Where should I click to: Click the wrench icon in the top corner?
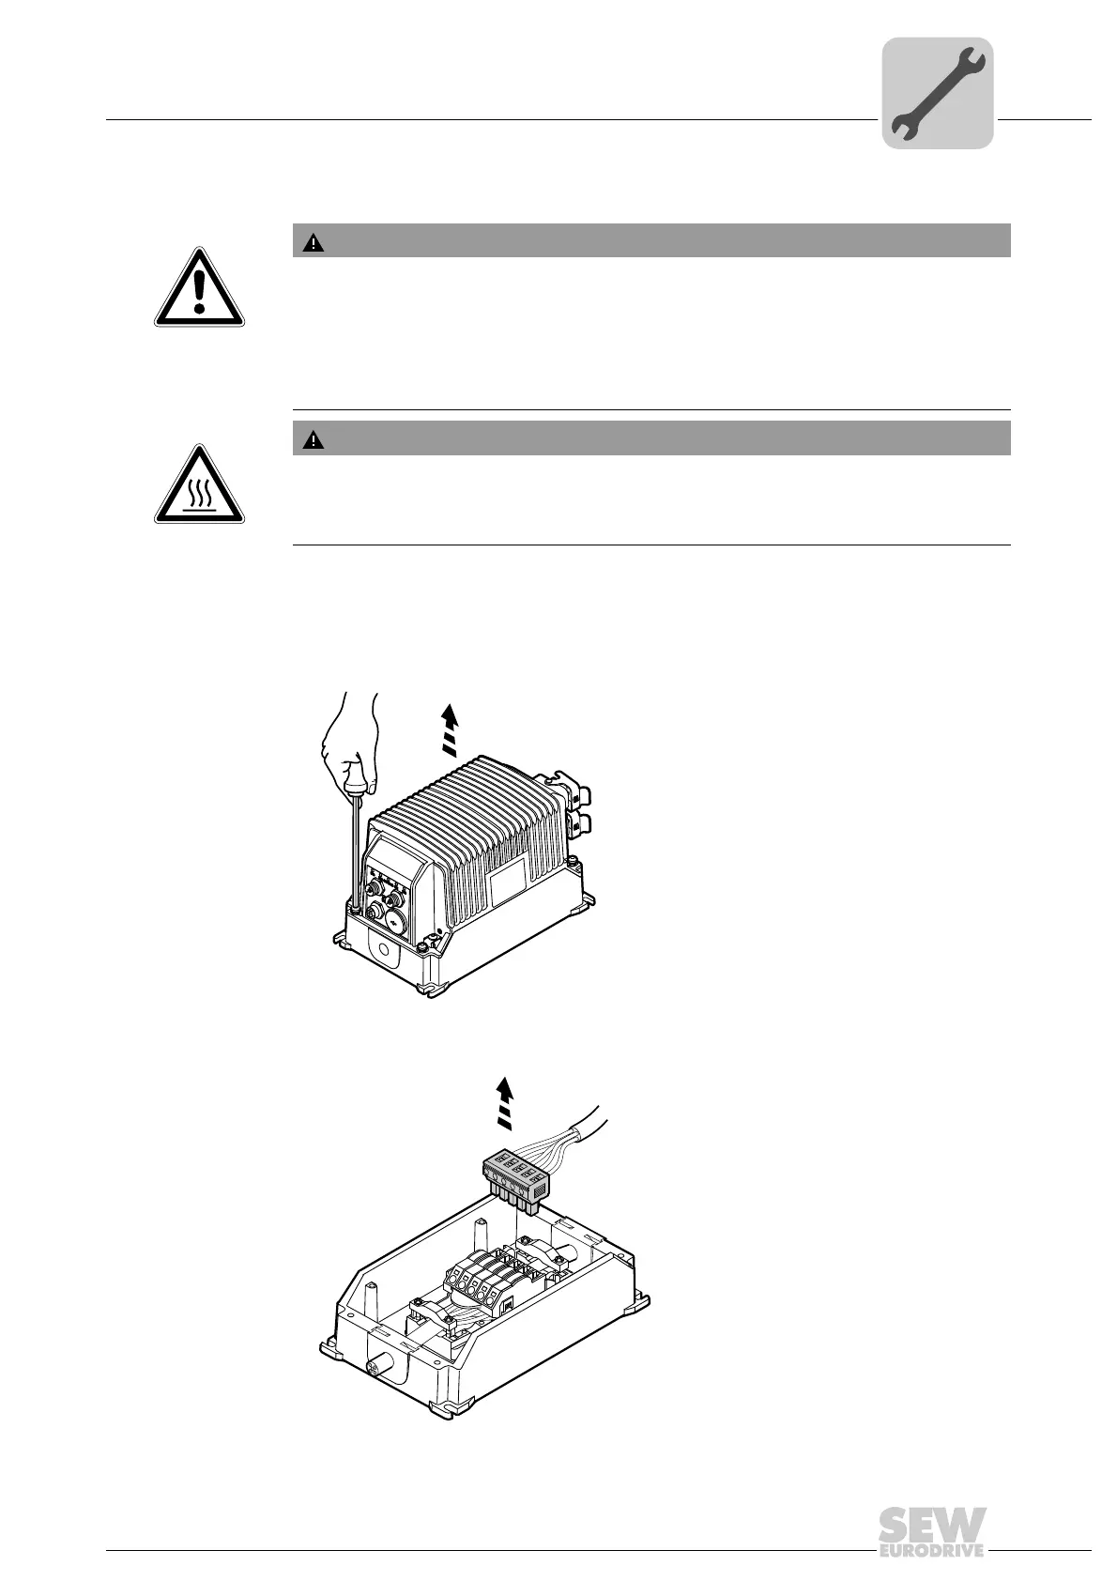pyautogui.click(x=937, y=94)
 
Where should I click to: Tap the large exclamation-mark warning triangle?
pyautogui.click(x=199, y=288)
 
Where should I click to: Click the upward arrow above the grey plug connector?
pyautogui.click(x=505, y=1103)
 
